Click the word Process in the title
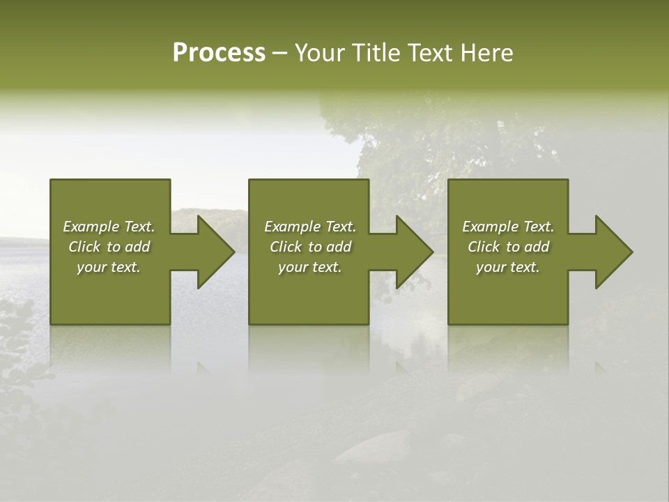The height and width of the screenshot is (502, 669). click(219, 53)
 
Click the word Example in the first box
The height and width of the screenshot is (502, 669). click(91, 227)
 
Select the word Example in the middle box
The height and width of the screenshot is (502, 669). click(292, 227)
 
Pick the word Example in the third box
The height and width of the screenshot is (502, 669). click(490, 227)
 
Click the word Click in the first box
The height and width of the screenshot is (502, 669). click(84, 247)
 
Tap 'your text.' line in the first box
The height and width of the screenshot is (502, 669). click(109, 267)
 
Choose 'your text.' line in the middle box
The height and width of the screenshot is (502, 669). click(309, 267)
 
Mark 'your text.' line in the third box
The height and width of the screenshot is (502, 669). click(507, 267)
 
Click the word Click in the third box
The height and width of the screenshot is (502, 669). click(484, 247)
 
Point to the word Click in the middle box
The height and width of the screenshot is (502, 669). click(286, 247)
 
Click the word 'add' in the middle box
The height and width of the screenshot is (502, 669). click(339, 247)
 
